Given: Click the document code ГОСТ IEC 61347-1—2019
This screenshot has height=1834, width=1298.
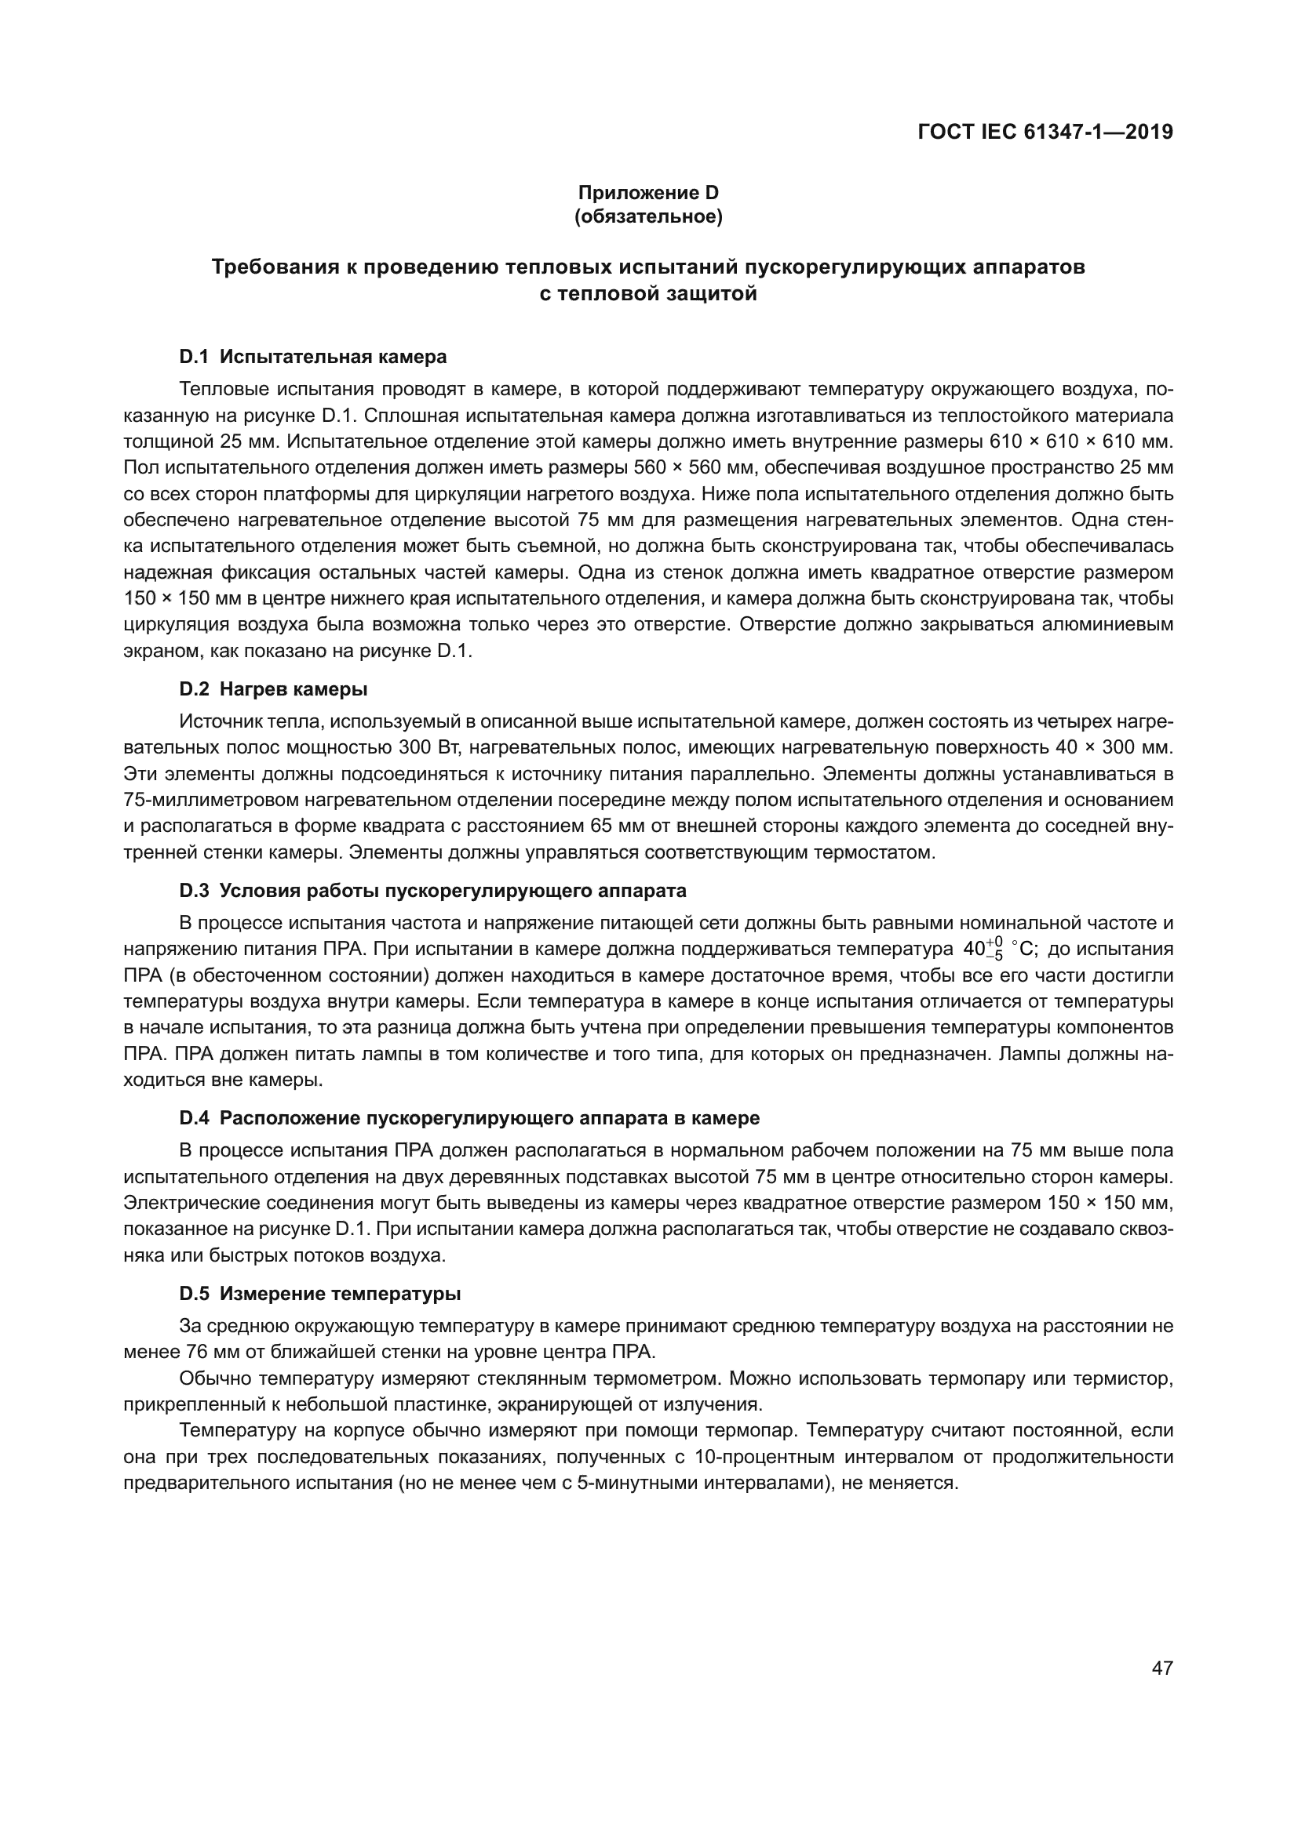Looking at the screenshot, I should (x=1045, y=132).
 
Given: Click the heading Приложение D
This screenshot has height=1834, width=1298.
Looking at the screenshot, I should (x=648, y=193).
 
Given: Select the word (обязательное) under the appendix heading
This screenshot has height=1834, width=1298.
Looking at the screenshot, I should (x=648, y=216).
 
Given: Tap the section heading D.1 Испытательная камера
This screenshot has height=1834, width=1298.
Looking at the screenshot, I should (x=312, y=356).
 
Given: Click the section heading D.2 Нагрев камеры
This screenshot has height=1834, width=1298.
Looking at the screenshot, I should (x=273, y=688).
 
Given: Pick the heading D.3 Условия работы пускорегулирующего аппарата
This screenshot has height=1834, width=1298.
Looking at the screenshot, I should (x=432, y=890).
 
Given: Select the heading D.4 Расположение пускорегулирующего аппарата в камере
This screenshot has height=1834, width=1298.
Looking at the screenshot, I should (x=469, y=1117).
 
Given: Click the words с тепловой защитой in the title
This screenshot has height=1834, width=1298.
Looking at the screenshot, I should (x=648, y=294).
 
